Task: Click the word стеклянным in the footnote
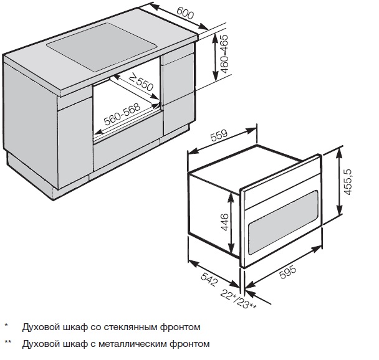click(x=118, y=326)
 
